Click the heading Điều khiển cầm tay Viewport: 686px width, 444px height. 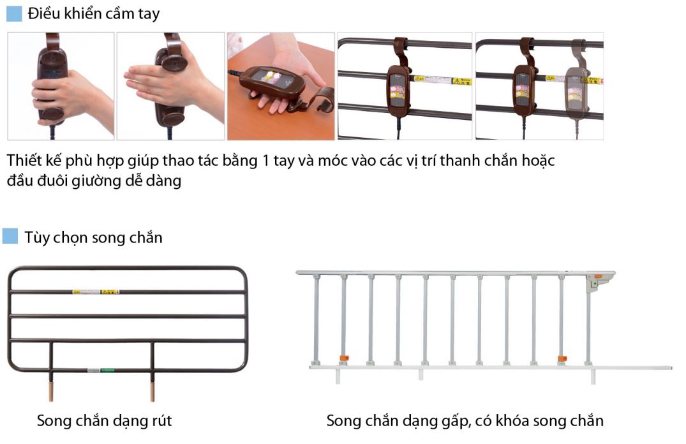[x=94, y=14]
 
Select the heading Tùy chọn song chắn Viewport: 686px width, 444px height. [x=94, y=237]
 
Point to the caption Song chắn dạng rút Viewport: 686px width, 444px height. [x=104, y=420]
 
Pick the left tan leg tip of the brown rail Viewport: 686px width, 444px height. [x=50, y=390]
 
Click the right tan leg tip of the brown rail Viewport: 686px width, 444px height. [x=153, y=390]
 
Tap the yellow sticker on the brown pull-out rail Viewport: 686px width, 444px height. [x=96, y=292]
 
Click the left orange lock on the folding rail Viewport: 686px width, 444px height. [x=343, y=357]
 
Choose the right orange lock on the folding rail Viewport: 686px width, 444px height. [x=562, y=359]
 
